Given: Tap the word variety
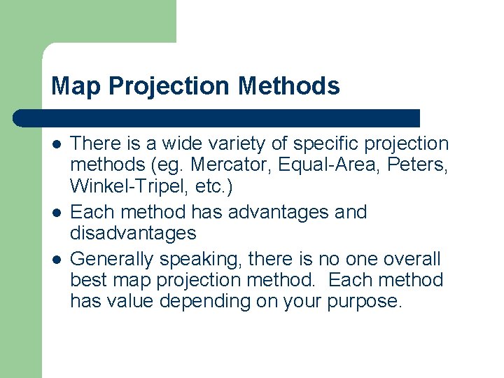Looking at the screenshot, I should [x=230, y=144].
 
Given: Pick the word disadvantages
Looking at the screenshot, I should [x=133, y=233].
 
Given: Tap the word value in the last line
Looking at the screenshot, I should [x=129, y=302].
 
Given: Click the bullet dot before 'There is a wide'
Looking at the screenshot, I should [x=56, y=144].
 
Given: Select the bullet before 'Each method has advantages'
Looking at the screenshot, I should [x=56, y=212].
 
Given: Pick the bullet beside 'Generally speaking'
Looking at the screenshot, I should [x=56, y=259].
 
